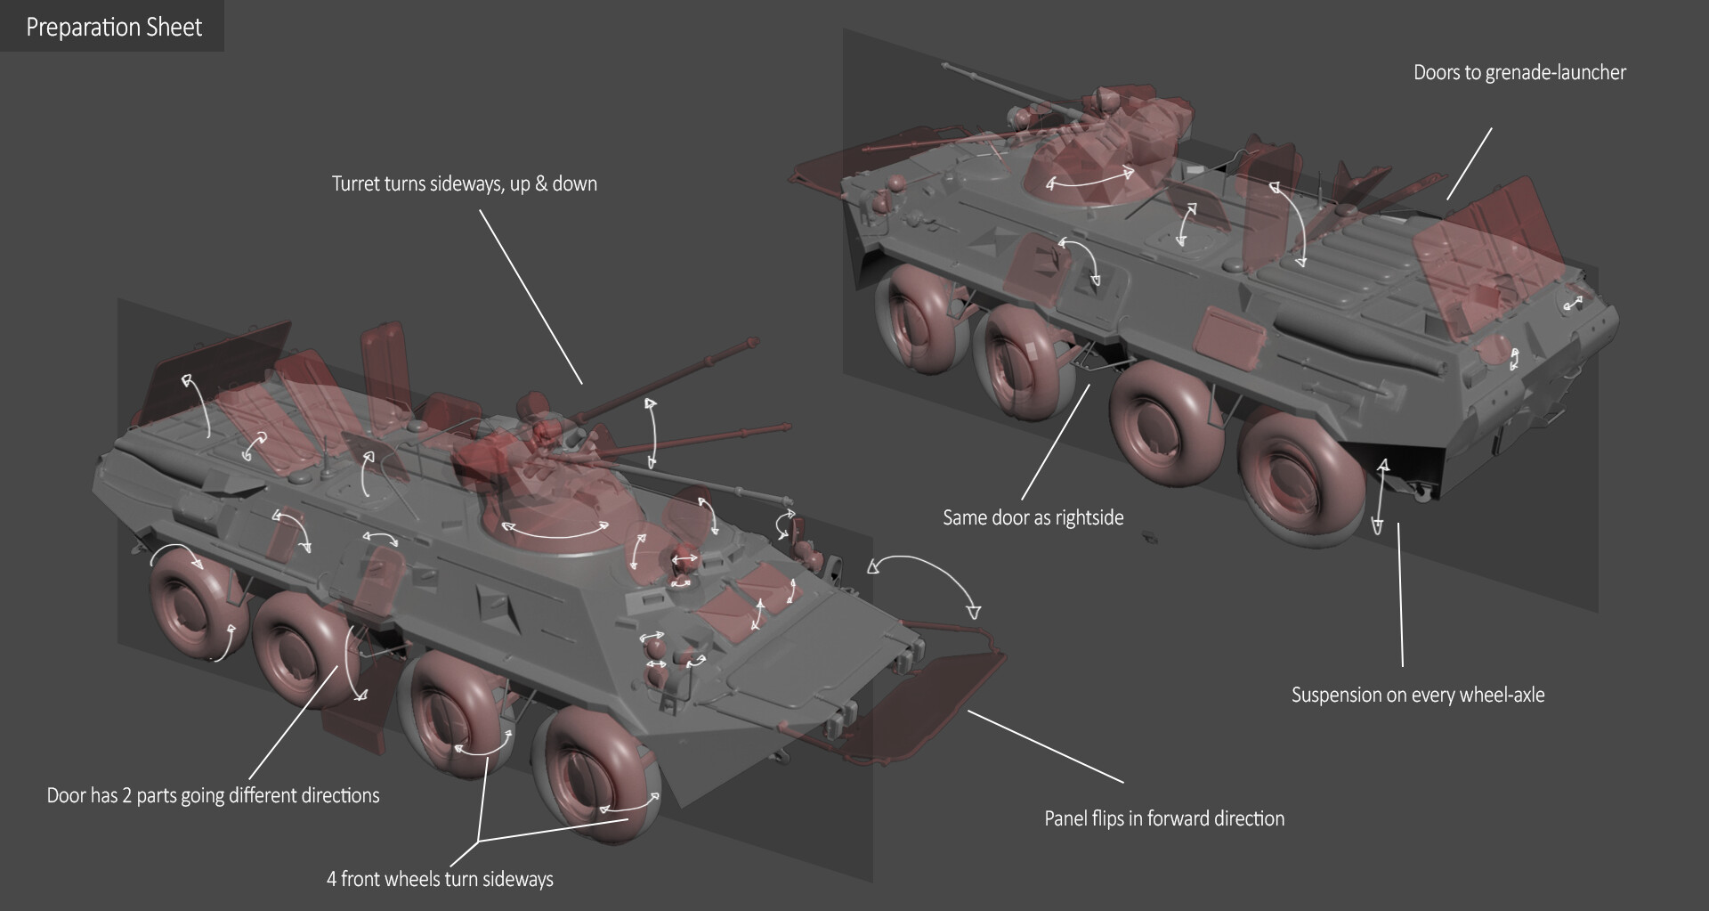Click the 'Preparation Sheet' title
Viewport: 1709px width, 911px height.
(x=114, y=28)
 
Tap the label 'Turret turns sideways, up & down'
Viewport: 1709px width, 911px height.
(x=464, y=184)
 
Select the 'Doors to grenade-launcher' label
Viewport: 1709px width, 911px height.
(x=1519, y=73)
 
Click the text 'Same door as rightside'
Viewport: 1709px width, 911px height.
(x=1033, y=518)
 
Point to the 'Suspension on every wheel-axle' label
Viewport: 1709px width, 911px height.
(x=1417, y=695)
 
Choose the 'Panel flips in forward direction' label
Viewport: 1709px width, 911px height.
(x=1163, y=819)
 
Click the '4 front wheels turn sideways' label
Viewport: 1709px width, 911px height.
(x=440, y=880)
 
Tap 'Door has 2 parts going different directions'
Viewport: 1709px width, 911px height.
(x=213, y=796)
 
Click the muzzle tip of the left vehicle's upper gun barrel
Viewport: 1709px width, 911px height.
(x=754, y=342)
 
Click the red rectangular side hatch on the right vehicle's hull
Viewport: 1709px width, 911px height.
(x=1229, y=339)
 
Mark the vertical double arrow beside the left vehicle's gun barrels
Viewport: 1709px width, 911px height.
(x=652, y=434)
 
